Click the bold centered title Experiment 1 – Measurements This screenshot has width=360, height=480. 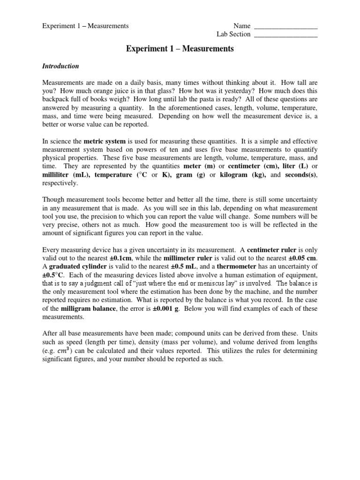click(180, 49)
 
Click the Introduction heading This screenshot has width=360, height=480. click(60, 66)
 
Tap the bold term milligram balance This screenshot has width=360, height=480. click(90, 309)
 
